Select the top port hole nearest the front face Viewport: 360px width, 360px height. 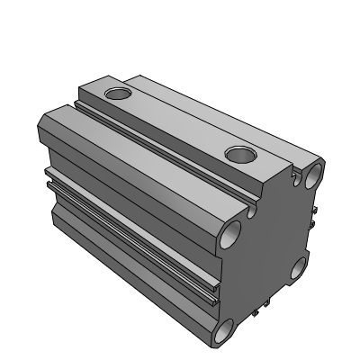click(242, 155)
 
